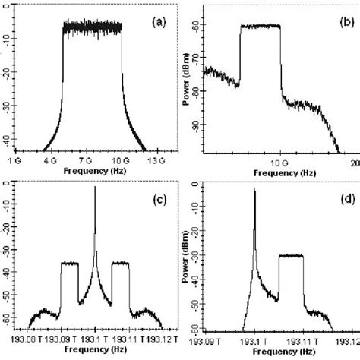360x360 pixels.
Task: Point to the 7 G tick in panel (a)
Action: [x=85, y=160]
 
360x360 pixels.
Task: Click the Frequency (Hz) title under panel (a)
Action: [x=85, y=171]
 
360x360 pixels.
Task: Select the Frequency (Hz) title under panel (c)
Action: [x=85, y=351]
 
